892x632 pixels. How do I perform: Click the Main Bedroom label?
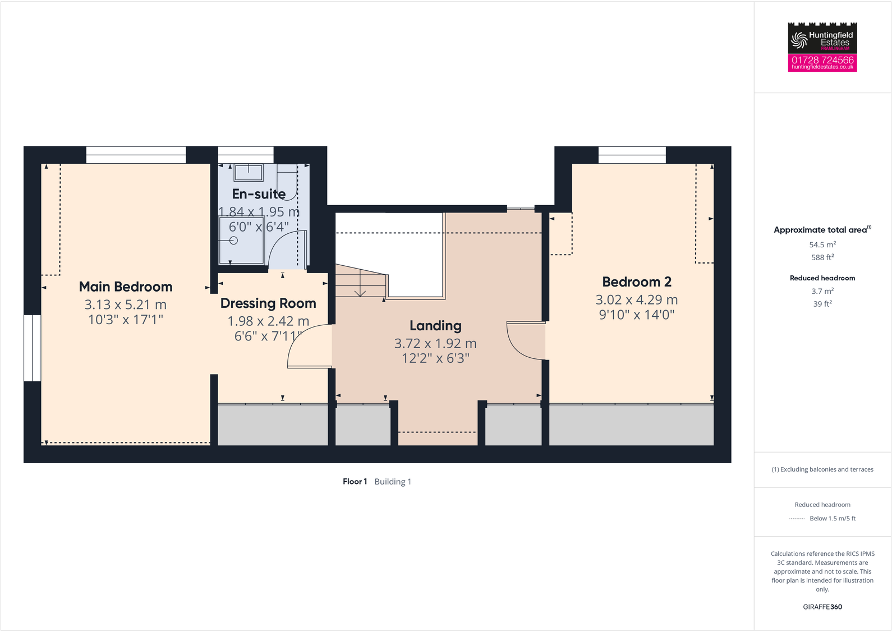point(126,287)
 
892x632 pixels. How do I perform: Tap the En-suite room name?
point(259,194)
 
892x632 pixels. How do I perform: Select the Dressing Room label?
point(268,303)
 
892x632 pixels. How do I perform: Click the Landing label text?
point(435,326)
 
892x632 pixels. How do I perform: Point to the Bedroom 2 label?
point(637,282)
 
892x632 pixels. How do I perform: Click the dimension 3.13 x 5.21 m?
point(126,305)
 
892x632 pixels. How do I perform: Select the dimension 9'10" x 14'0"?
point(637,315)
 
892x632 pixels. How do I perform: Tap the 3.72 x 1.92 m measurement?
point(435,343)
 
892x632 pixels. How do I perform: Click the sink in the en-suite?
point(248,173)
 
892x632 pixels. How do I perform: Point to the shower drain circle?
point(234,241)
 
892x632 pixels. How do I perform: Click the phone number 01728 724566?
point(822,59)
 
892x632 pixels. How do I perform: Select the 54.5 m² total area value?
point(822,245)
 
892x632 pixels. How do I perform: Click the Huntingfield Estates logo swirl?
point(799,40)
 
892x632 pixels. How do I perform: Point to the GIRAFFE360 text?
point(822,607)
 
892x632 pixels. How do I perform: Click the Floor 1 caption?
point(355,482)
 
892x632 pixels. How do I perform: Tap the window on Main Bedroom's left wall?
point(32,348)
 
